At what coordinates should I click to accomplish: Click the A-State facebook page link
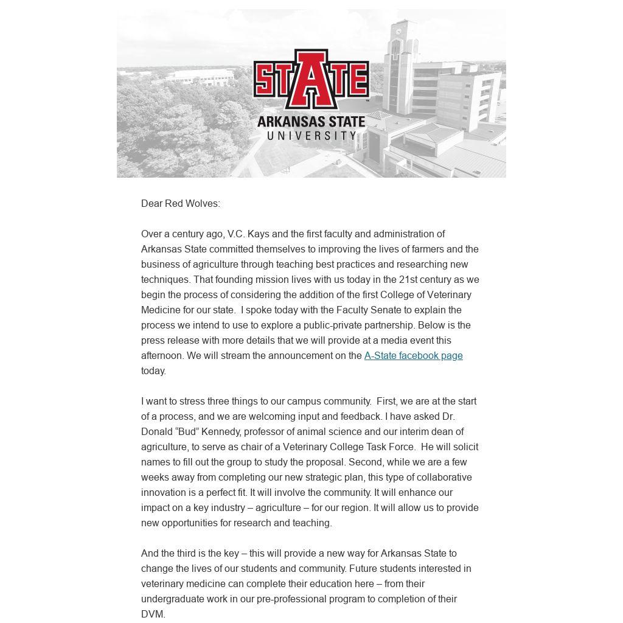[413, 356]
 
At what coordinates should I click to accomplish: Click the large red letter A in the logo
[311, 79]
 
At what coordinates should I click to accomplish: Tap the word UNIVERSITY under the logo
[311, 135]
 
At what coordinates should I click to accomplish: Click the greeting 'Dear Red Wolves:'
[181, 204]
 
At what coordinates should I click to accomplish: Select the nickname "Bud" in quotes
[187, 432]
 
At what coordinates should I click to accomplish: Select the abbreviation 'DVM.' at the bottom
[153, 614]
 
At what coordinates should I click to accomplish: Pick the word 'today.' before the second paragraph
[153, 371]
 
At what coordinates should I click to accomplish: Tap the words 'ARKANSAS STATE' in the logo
[311, 121]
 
